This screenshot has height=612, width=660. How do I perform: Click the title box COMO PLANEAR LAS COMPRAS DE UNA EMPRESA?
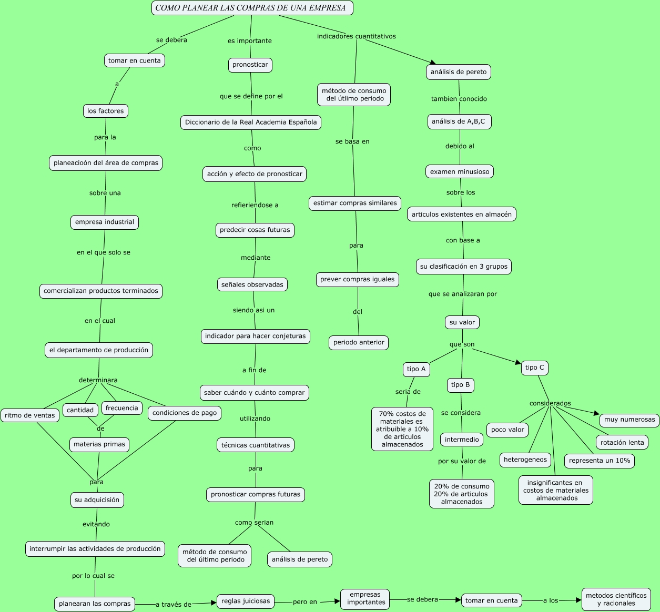coord(252,8)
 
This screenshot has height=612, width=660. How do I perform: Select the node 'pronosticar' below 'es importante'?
coord(250,65)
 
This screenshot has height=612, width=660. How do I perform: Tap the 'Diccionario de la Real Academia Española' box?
coord(251,123)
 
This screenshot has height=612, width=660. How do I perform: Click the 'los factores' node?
coord(106,111)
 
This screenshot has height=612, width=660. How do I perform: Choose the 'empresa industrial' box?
coord(105,222)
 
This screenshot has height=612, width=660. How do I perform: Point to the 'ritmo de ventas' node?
coord(30,415)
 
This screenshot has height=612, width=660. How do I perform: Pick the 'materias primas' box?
coord(99,445)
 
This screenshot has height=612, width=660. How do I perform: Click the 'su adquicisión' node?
coord(97,500)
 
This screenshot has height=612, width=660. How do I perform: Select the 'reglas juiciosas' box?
coord(246,601)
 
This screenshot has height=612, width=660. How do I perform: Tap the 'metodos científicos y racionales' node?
coord(616,599)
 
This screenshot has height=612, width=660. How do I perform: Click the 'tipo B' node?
coord(461,385)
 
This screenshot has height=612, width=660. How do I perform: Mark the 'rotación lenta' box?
coord(622,443)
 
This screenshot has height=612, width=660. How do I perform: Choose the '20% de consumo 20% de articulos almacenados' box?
coord(462,494)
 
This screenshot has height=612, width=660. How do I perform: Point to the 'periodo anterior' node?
coord(359,343)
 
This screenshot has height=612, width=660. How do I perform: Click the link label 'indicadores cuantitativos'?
coord(356,36)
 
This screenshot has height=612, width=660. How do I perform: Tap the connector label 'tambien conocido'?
coord(459,99)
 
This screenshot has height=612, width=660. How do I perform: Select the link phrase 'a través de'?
coord(174,604)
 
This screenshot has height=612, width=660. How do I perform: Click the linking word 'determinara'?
coord(98,380)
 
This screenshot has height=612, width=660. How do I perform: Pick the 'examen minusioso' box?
coord(460,172)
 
